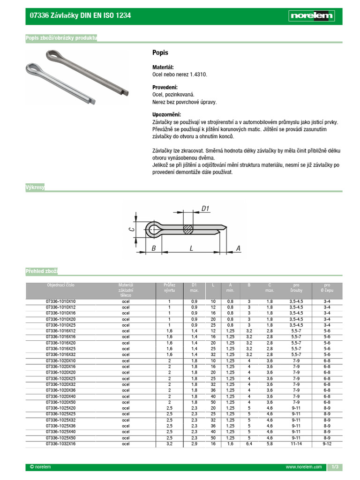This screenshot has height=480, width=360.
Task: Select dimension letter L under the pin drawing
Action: point(192,248)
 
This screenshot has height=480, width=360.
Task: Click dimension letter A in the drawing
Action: point(239,248)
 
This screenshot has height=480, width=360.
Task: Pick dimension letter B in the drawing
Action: point(154,248)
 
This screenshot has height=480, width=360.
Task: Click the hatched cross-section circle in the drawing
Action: point(188,229)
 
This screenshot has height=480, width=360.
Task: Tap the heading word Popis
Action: point(160,53)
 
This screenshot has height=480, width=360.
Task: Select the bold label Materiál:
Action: point(163,67)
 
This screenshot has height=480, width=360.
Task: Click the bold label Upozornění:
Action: point(166,115)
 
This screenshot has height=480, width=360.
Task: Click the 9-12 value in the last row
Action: point(327,443)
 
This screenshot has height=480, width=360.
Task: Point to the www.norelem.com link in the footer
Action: point(304,467)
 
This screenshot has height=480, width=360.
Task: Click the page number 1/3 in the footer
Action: point(335,467)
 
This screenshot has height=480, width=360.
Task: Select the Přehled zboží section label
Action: point(42,271)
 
